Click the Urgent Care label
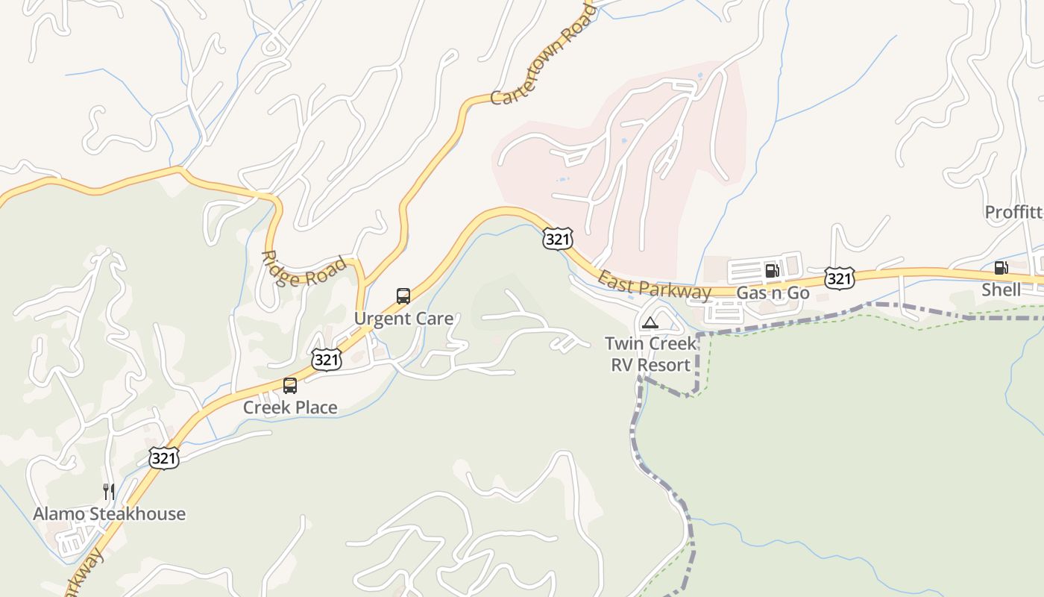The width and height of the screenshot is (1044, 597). click(x=403, y=319)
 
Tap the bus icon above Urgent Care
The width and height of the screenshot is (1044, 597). click(x=403, y=296)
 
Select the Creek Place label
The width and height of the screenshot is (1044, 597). click(x=290, y=407)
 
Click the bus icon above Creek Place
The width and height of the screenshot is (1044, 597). click(x=290, y=386)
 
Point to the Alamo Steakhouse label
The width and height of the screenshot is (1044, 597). click(x=109, y=513)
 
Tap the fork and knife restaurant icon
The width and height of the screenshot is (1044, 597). click(x=109, y=491)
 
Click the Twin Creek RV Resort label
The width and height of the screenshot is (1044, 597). click(x=650, y=354)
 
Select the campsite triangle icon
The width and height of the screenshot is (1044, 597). click(x=650, y=323)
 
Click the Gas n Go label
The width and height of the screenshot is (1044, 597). click(x=773, y=293)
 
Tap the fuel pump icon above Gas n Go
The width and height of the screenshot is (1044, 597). click(x=772, y=271)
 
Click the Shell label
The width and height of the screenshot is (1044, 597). click(x=1001, y=290)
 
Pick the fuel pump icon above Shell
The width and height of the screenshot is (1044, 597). click(x=1001, y=268)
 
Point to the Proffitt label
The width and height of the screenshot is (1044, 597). click(x=1013, y=212)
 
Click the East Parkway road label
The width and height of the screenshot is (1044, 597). click(x=655, y=285)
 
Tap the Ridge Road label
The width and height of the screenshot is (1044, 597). click(x=304, y=270)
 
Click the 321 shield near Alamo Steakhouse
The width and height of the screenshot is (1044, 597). click(x=164, y=457)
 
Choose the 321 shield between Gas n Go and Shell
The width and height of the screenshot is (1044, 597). click(x=839, y=279)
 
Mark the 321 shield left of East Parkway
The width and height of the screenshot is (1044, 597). click(x=558, y=239)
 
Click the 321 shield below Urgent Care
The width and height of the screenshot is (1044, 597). click(x=327, y=360)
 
